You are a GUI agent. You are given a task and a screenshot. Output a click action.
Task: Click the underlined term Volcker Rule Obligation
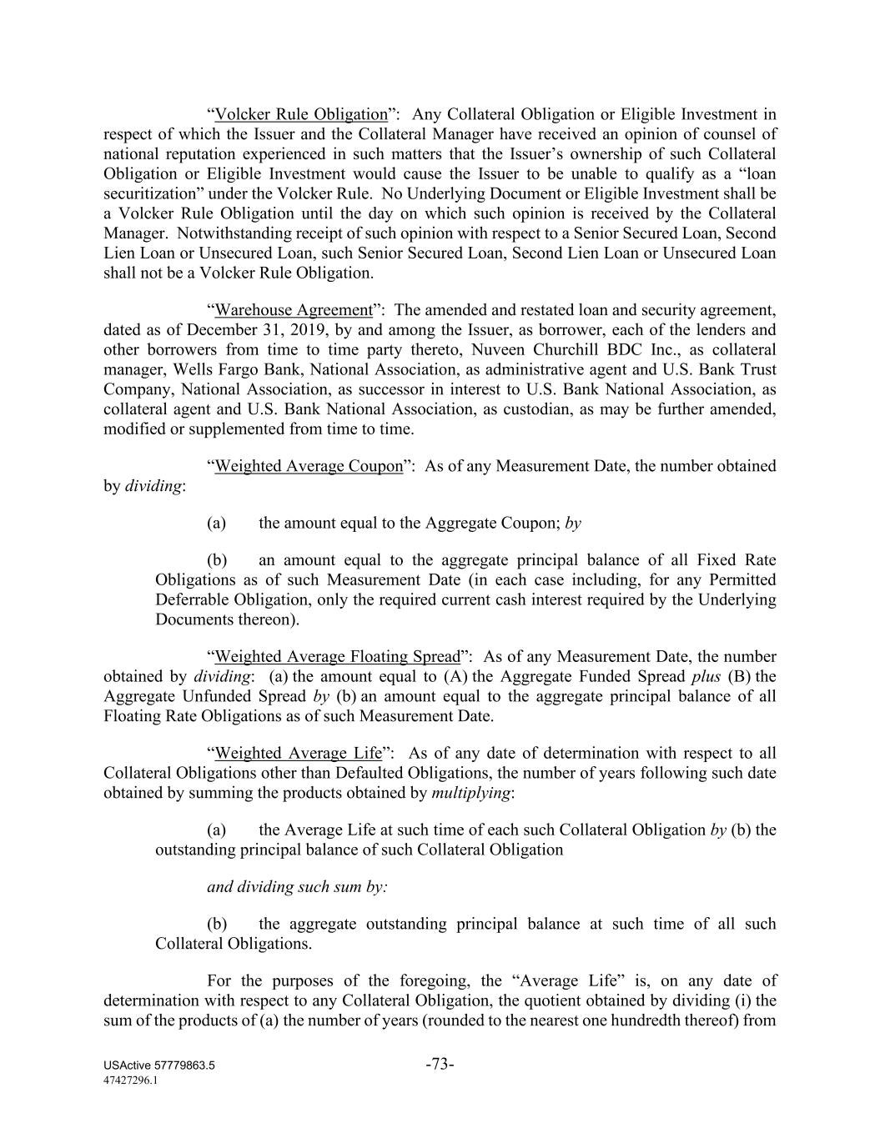tap(301, 114)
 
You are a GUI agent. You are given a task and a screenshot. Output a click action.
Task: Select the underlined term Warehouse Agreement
tap(293, 310)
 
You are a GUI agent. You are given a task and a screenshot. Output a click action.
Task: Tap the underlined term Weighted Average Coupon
tap(309, 466)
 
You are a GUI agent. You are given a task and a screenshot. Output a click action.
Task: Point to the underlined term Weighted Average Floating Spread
tap(337, 657)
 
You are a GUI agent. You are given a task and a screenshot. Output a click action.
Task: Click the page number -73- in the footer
tap(440, 1064)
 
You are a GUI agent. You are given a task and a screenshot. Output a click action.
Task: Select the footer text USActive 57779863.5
tap(159, 1066)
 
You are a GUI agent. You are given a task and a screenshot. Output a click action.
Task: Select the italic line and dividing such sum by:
tap(297, 887)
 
